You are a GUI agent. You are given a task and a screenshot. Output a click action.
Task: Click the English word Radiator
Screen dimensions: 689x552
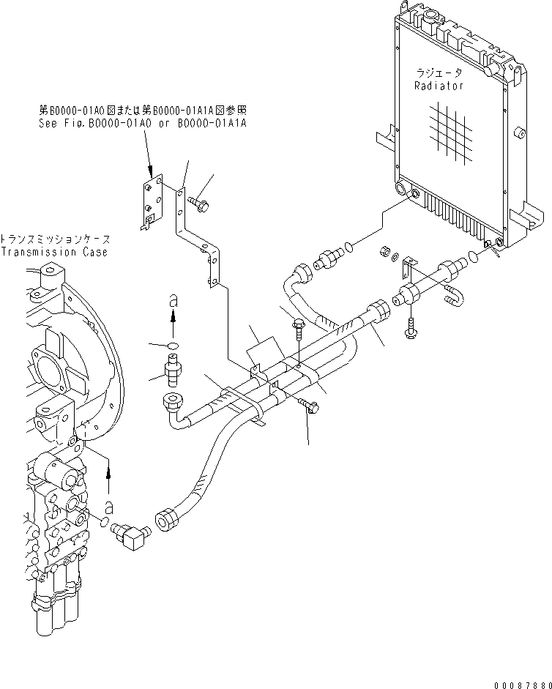(439, 86)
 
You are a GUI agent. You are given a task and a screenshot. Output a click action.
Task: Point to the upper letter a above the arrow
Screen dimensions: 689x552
(173, 299)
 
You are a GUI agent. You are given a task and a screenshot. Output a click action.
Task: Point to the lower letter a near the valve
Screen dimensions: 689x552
(110, 506)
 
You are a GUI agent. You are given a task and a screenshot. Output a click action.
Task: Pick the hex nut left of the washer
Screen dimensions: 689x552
(381, 253)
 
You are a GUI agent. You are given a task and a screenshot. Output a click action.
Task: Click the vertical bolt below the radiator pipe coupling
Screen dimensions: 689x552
(411, 329)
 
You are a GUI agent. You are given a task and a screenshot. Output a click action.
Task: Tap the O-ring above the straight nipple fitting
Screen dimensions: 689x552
(173, 345)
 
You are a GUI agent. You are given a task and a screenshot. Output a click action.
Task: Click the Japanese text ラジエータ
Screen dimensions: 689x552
(437, 74)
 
